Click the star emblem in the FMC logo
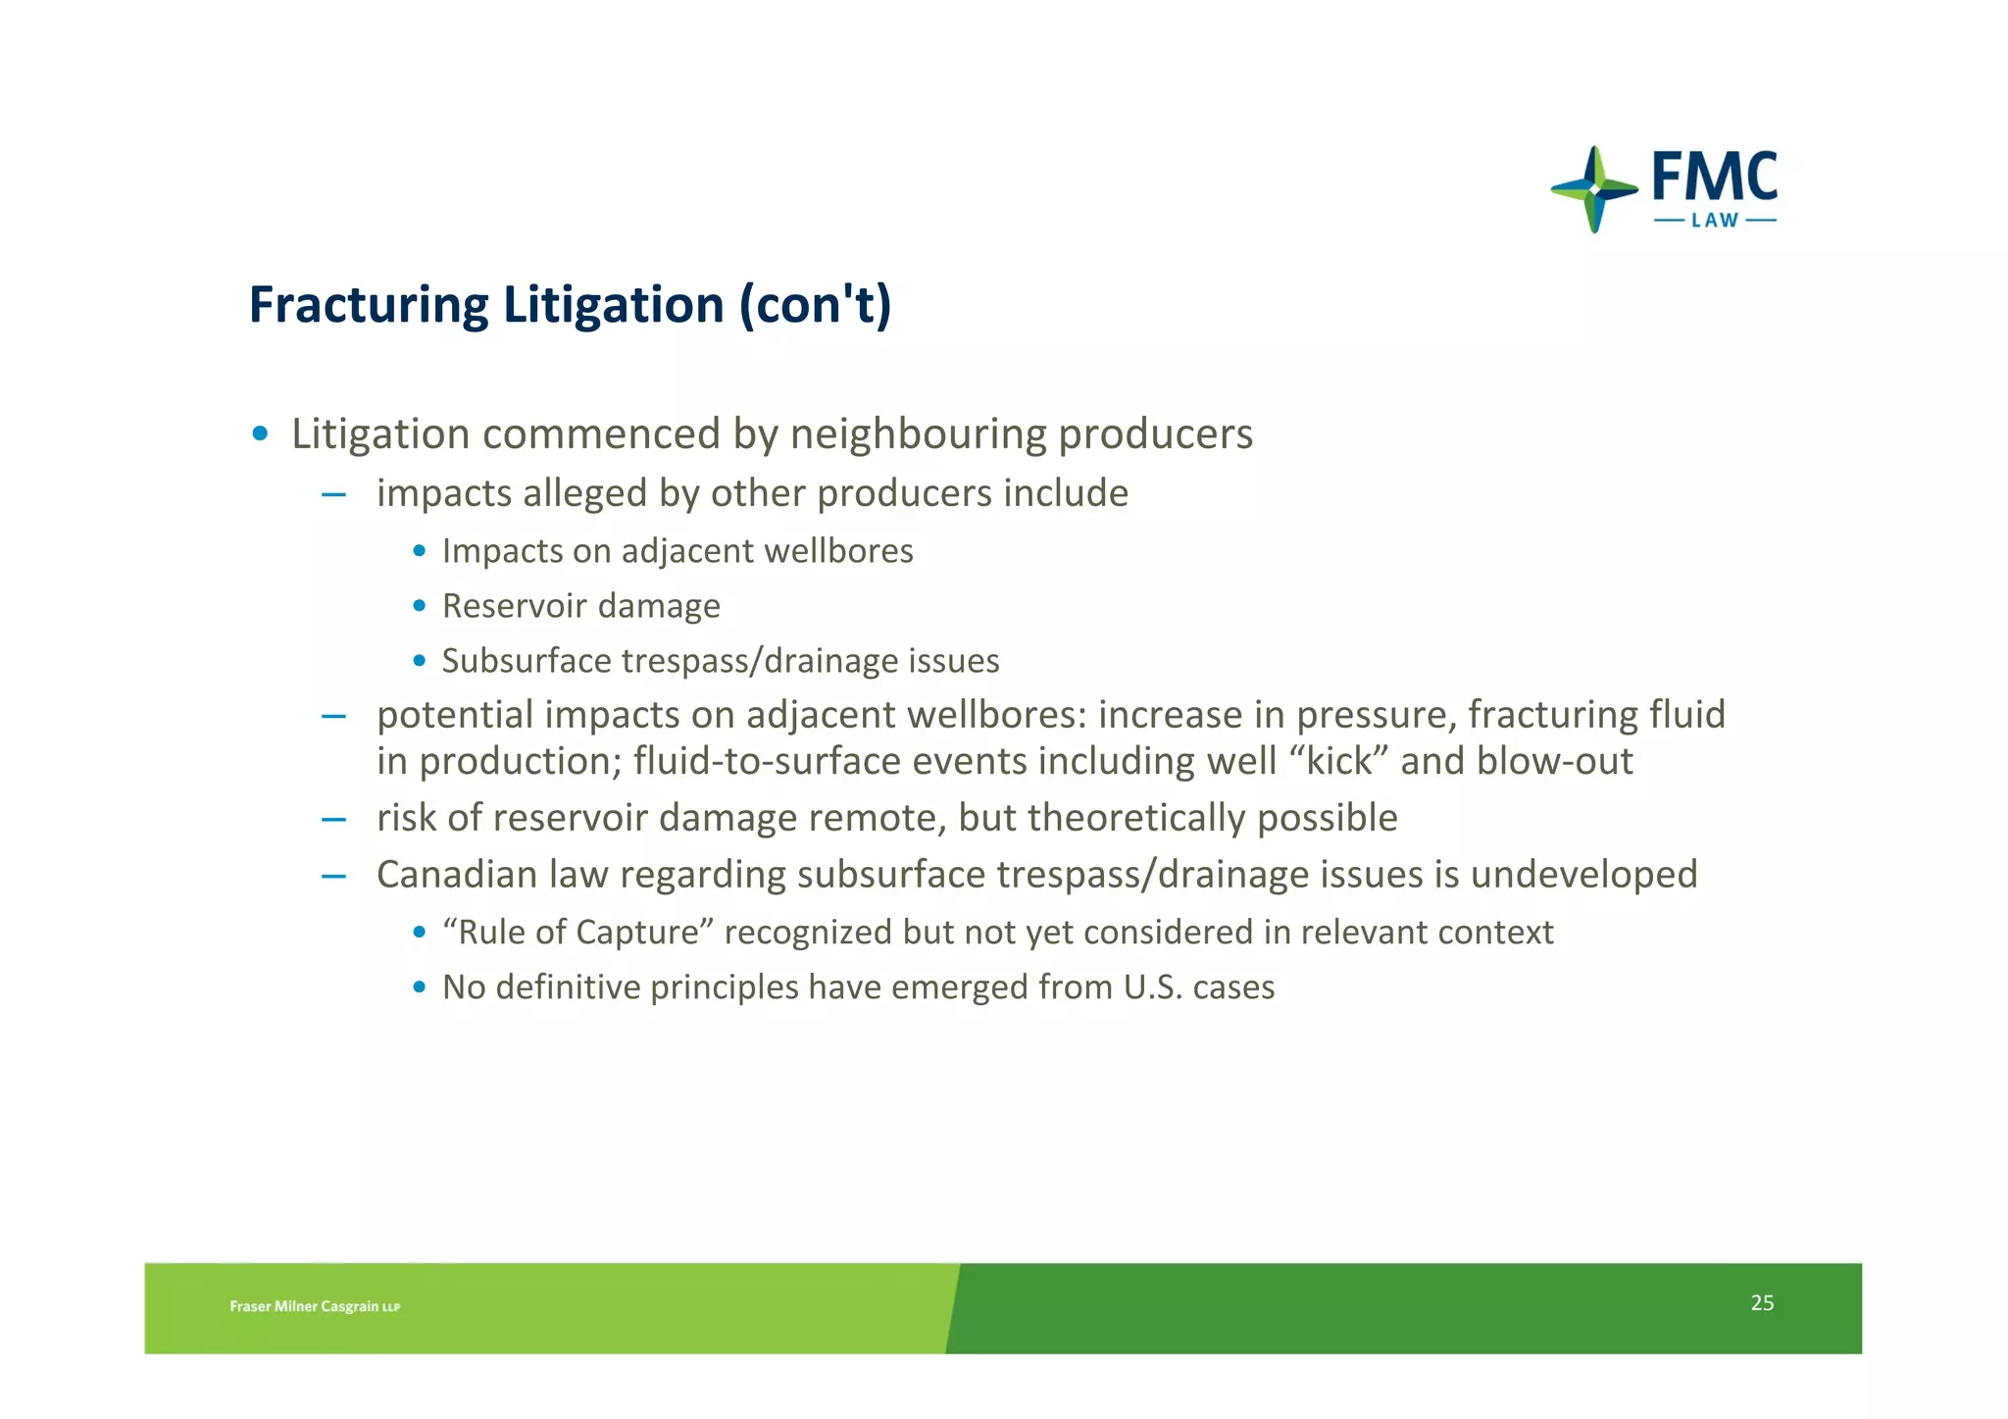click(x=1594, y=189)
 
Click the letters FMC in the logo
click(x=1715, y=177)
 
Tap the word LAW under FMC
click(x=1715, y=221)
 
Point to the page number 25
click(x=1762, y=1302)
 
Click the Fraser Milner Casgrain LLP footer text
click(x=315, y=1306)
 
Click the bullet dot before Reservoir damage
click(x=420, y=606)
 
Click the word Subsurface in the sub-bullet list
click(x=527, y=661)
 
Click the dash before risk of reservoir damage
click(x=333, y=819)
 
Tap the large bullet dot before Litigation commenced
click(x=260, y=433)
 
